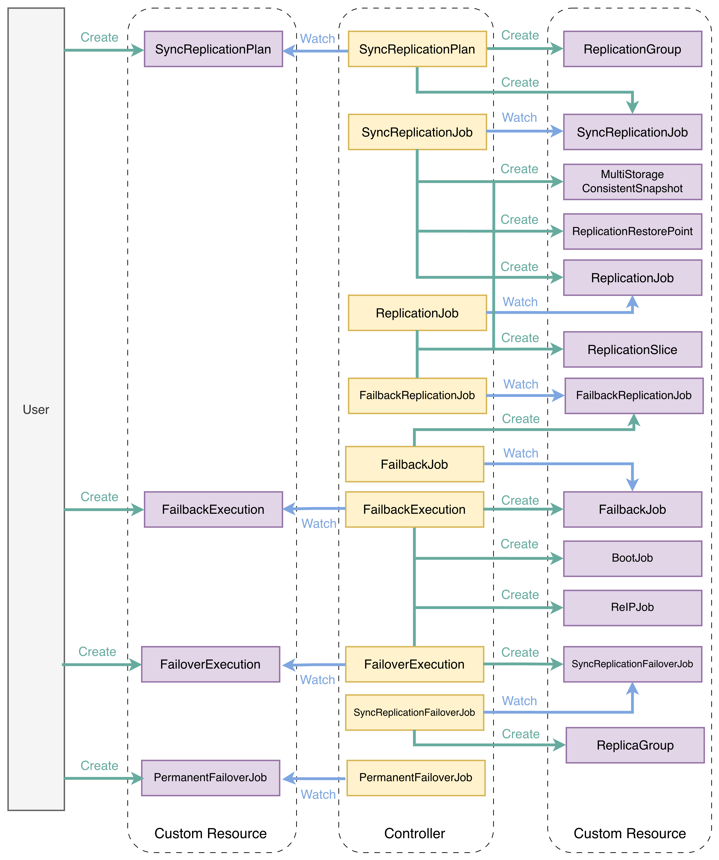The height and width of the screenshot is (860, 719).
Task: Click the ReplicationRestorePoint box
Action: pyautogui.click(x=633, y=231)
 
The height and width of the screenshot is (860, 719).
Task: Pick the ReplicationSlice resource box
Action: pyautogui.click(x=633, y=349)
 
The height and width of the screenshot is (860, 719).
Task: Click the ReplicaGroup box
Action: pyautogui.click(x=635, y=745)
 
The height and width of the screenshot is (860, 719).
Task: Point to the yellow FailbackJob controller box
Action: pyautogui.click(x=414, y=464)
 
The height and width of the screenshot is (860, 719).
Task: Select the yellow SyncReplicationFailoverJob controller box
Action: pyautogui.click(x=414, y=713)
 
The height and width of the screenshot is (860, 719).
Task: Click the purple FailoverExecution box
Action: pyautogui.click(x=211, y=664)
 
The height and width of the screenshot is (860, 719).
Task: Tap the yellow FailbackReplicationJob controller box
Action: pyautogui.click(x=417, y=396)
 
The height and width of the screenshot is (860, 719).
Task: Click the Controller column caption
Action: pyautogui.click(x=414, y=833)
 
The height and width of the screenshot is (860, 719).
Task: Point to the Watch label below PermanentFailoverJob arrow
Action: pyautogui.click(x=318, y=795)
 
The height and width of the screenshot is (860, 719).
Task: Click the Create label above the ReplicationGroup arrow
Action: pyautogui.click(x=520, y=35)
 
